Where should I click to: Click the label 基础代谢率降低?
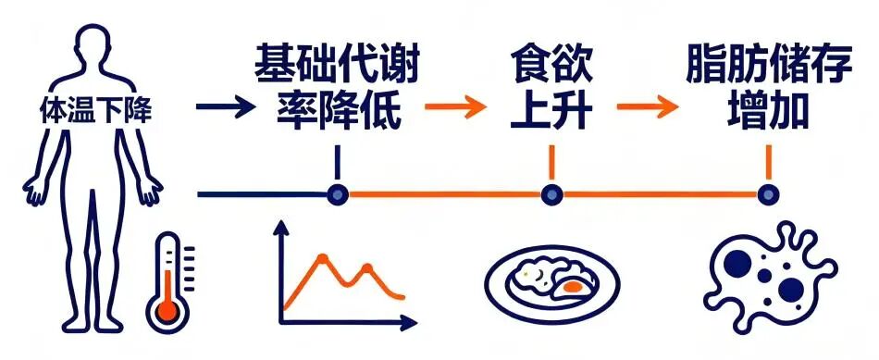[339, 89]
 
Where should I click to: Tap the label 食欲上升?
[551, 89]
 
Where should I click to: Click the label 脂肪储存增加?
[764, 89]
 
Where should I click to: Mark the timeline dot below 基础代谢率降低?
[339, 194]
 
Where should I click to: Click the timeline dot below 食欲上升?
[551, 194]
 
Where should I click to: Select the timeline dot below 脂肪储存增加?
[766, 194]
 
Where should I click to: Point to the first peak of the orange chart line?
[323, 256]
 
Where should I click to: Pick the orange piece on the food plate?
[574, 286]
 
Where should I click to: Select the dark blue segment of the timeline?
[264, 194]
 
